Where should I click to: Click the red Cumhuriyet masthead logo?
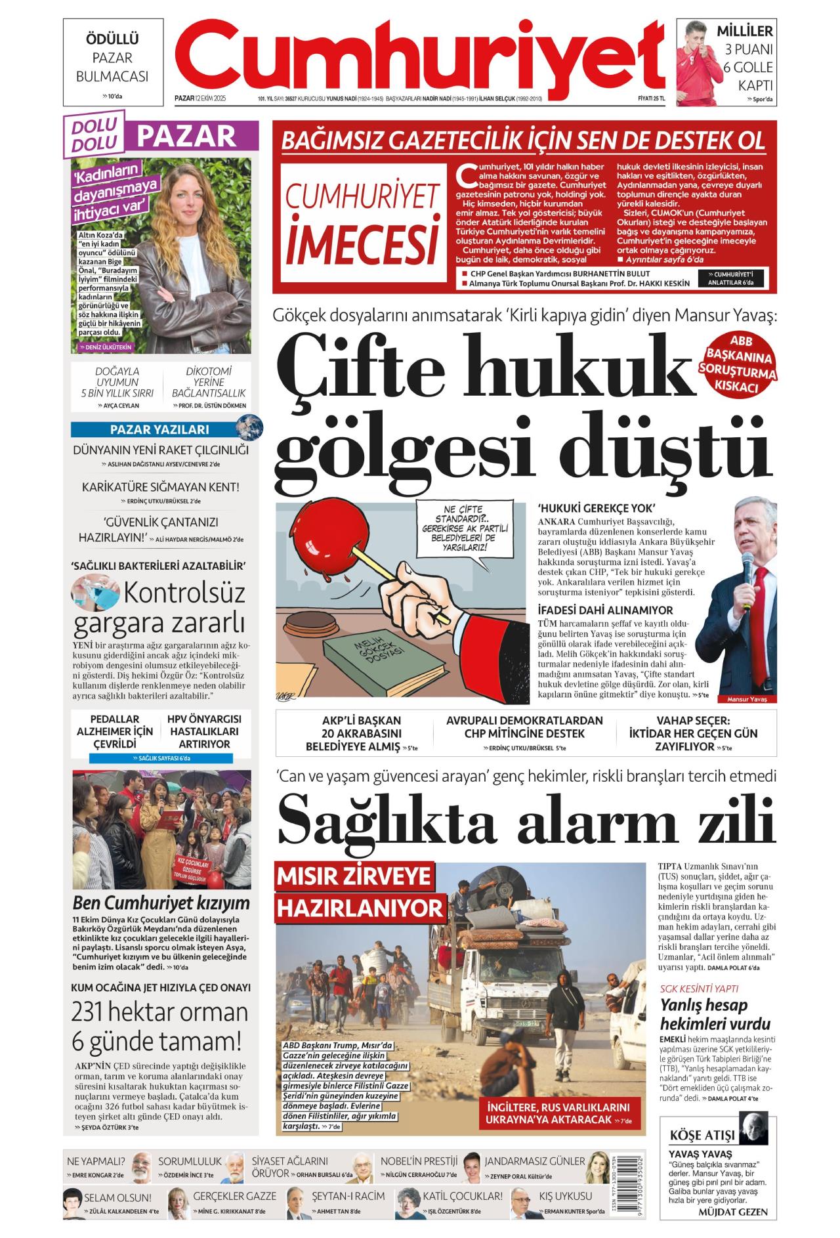420,56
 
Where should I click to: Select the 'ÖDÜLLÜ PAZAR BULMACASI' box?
113,62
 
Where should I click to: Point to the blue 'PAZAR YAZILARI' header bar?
159,430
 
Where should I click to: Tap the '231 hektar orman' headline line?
159,1012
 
